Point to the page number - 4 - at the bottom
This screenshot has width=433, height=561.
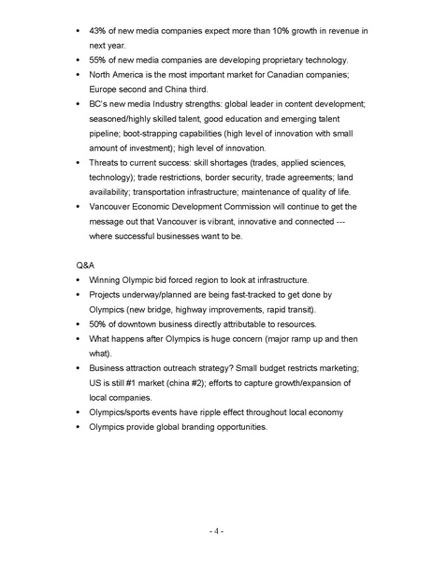[215, 531]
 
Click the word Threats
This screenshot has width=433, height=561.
[107, 163]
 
